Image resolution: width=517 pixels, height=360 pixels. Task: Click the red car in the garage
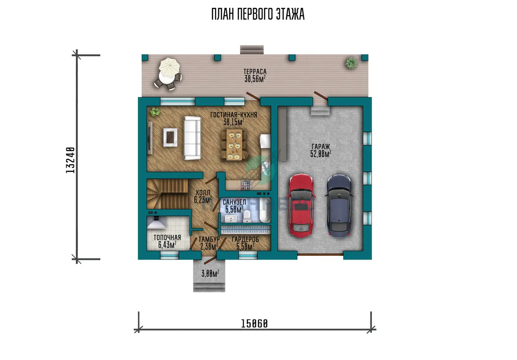pyautogui.click(x=301, y=205)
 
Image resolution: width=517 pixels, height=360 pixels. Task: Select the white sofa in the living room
pyautogui.click(x=192, y=138)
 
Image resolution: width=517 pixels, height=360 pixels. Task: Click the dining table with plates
pyautogui.click(x=234, y=145)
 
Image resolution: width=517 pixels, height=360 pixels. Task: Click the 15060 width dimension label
pyautogui.click(x=254, y=324)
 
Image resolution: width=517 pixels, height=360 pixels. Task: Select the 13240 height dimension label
pyautogui.click(x=70, y=160)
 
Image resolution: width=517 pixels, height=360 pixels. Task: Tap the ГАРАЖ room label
pyautogui.click(x=321, y=146)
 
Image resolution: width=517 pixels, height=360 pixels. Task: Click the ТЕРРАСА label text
pyautogui.click(x=255, y=71)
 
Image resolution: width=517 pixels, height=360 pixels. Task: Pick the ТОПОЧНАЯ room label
pyautogui.click(x=167, y=238)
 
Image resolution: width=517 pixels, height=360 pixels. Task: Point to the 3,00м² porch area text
pyautogui.click(x=210, y=273)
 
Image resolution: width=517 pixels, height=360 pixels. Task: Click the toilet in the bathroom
pyautogui.click(x=247, y=216)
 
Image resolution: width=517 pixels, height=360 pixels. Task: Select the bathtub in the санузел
pyautogui.click(x=265, y=210)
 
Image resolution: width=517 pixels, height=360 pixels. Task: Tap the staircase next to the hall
pyautogui.click(x=168, y=194)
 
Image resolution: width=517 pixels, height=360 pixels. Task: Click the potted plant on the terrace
pyautogui.click(x=351, y=62)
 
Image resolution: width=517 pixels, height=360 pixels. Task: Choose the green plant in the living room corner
pyautogui.click(x=155, y=112)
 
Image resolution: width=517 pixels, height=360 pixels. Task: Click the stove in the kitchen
pyautogui.click(x=245, y=186)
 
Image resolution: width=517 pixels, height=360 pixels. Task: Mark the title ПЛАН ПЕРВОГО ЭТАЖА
pyautogui.click(x=258, y=14)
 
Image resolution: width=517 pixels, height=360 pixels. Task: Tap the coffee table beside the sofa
pyautogui.click(x=170, y=137)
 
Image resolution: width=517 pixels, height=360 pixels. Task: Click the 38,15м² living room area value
pyautogui.click(x=234, y=122)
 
